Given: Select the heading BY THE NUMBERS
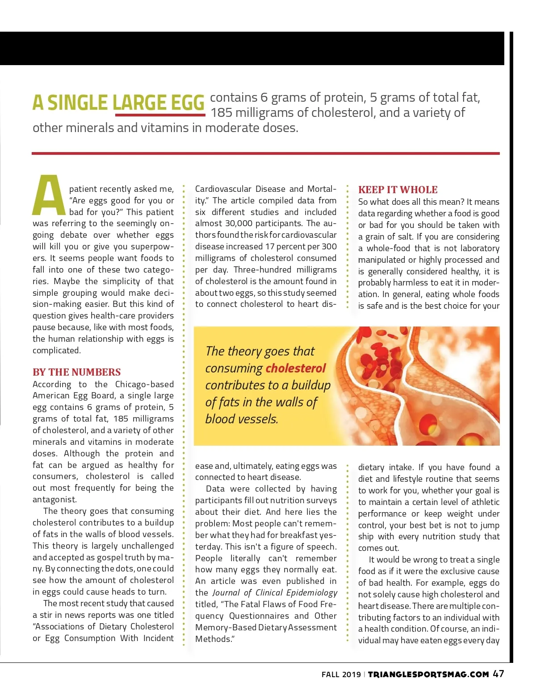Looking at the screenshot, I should click(x=76, y=372).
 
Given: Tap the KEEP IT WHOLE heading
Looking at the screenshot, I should click(x=398, y=190).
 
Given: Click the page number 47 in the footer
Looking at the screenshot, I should click(x=498, y=674).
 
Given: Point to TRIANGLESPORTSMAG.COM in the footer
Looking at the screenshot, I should click(x=428, y=674).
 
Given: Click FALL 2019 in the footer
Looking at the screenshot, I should click(x=341, y=674).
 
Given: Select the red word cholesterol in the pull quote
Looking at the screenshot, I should click(x=296, y=368).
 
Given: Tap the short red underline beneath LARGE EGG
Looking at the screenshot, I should click(x=160, y=115).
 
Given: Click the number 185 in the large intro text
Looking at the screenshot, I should click(x=222, y=113).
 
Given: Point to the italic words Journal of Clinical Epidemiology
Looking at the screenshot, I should click(x=275, y=593).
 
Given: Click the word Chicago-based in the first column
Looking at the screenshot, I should click(x=144, y=385).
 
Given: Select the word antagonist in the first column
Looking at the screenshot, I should click(x=54, y=500).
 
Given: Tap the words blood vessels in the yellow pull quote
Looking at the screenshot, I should click(x=241, y=419).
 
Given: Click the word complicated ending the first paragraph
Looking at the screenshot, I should click(x=56, y=351).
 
